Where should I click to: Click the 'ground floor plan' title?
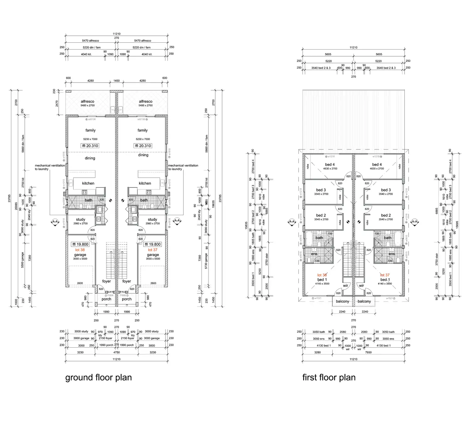coord(98,378)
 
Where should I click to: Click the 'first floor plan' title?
coord(329,378)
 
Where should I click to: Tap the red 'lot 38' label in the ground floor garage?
coord(80,250)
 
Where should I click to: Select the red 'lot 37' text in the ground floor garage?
coord(153,250)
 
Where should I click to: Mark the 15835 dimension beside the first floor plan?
coord(246,225)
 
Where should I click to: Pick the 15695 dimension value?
coord(457,225)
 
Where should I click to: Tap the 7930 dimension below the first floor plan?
coord(368,352)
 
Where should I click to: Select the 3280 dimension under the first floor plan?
coord(317,352)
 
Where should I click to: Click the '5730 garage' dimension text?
coord(206,261)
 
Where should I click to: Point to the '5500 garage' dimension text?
coord(23,260)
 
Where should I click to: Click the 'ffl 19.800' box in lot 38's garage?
coord(80,244)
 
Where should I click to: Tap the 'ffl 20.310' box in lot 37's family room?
coord(143,146)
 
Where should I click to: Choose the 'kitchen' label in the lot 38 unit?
coord(88,183)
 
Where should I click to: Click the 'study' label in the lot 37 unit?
coord(152,220)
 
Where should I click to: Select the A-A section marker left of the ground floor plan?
coord(55,221)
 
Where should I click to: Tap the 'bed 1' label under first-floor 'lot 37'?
coord(385,280)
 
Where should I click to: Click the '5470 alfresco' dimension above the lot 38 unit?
coord(90,41)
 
